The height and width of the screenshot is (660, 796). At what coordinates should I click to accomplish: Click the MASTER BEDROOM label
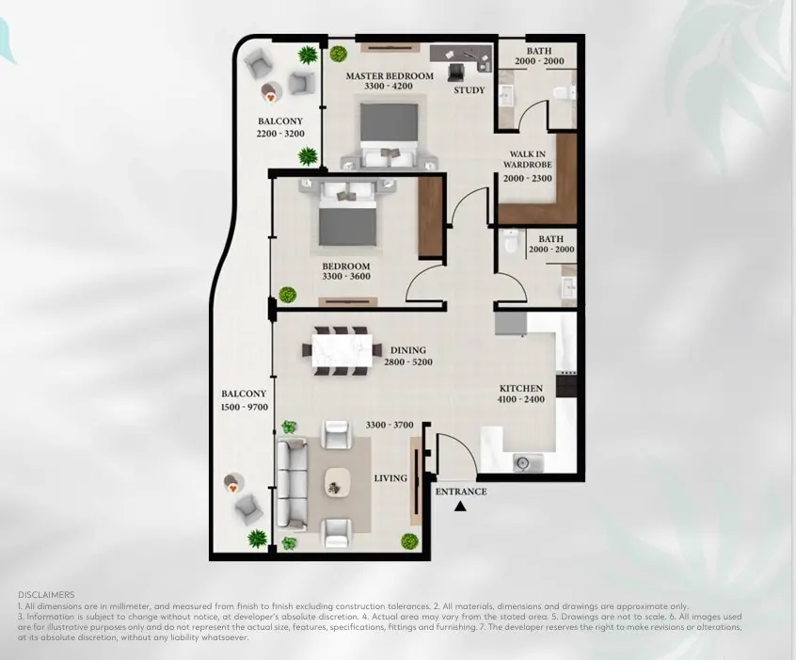[390, 76]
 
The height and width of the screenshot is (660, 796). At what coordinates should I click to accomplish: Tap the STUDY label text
[470, 90]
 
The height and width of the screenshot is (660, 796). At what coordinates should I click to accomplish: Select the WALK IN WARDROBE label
[528, 159]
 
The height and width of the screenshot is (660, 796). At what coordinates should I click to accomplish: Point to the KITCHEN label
[521, 388]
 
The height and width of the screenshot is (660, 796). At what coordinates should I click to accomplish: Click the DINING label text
[408, 350]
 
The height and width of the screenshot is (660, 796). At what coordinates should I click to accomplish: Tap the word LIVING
[390, 478]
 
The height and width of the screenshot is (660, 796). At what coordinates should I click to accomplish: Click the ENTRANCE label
[461, 491]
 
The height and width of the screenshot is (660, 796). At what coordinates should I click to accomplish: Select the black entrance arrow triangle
[460, 506]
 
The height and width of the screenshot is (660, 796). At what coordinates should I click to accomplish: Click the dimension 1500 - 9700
[245, 407]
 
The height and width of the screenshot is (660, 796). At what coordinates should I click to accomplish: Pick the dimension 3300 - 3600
[346, 277]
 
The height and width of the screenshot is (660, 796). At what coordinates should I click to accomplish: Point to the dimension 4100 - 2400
[521, 399]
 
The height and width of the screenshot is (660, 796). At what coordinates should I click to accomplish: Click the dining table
[342, 351]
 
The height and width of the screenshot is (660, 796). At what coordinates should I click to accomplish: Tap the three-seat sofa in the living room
[292, 484]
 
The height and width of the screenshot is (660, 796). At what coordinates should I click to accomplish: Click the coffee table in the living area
[338, 482]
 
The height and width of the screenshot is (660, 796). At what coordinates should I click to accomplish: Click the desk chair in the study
[456, 72]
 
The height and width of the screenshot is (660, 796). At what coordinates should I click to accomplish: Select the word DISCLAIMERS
[46, 594]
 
